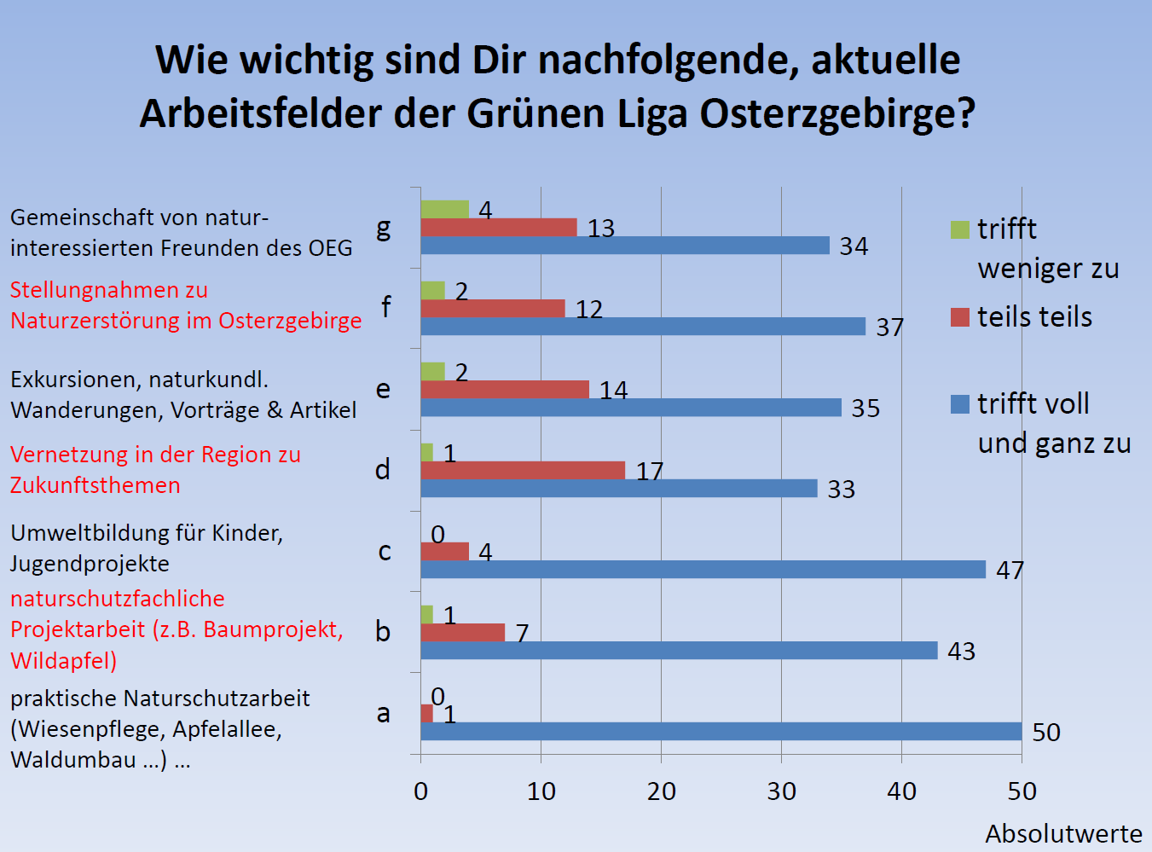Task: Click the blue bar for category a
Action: click(721, 732)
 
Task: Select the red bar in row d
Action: click(523, 471)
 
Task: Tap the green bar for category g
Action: click(444, 210)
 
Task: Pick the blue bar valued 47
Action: click(703, 570)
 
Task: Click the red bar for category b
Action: click(462, 633)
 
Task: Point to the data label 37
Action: click(889, 327)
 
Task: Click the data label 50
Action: click(1045, 733)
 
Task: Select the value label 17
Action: click(649, 472)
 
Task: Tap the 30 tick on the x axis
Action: click(781, 792)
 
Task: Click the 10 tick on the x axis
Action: click(541, 792)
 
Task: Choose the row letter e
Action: click(384, 390)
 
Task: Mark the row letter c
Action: click(385, 552)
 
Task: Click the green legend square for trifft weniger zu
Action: click(960, 229)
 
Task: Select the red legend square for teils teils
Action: click(960, 317)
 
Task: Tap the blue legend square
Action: click(960, 404)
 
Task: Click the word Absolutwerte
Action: click(1063, 833)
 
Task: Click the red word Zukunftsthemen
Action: click(96, 485)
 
